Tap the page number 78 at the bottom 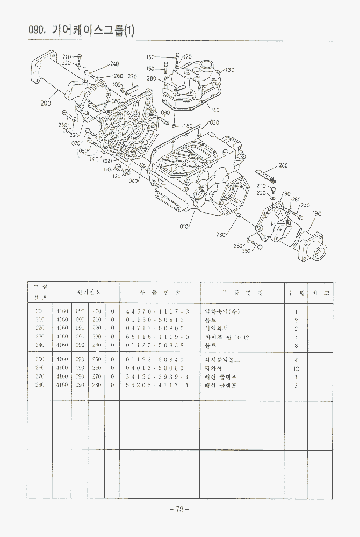tap(179, 509)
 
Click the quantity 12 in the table tap(296, 368)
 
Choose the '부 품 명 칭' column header tap(242, 293)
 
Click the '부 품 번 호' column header tap(160, 293)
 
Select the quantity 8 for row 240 tap(296, 345)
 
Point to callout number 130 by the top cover tap(229, 70)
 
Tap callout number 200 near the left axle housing tap(46, 104)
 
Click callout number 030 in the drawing tap(214, 122)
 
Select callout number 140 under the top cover tap(214, 111)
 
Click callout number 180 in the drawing tap(188, 126)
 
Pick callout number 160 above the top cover tap(150, 57)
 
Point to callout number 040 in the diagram tap(133, 180)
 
